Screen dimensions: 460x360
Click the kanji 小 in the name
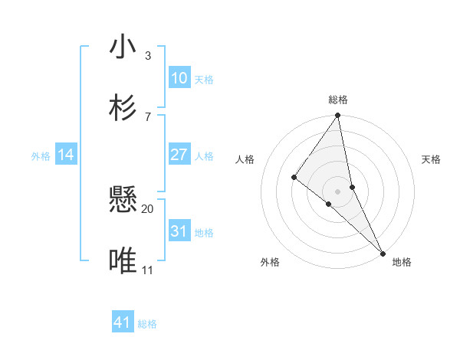click(123, 47)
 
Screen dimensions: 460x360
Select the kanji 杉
click(123, 107)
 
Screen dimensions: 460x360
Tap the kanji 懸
click(123, 201)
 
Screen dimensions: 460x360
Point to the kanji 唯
click(123, 262)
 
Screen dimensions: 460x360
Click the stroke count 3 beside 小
click(147, 56)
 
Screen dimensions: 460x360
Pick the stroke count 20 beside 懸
click(147, 208)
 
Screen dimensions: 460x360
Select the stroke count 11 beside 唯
click(147, 270)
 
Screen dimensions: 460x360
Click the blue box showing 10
click(179, 78)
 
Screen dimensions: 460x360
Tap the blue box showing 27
click(179, 155)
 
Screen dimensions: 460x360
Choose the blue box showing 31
click(179, 231)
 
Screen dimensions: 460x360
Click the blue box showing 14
click(66, 155)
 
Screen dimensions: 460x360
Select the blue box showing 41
click(123, 322)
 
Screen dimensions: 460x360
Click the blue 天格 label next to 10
click(204, 80)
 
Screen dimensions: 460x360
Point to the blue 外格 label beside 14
click(41, 156)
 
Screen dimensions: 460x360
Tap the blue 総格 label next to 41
click(147, 324)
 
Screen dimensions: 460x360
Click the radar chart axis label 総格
click(338, 100)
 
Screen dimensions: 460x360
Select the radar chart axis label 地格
click(402, 262)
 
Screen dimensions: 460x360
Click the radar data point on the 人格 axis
click(294, 178)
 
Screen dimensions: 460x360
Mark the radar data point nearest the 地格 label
click(383, 252)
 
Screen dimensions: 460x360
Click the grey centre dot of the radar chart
click(337, 191)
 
